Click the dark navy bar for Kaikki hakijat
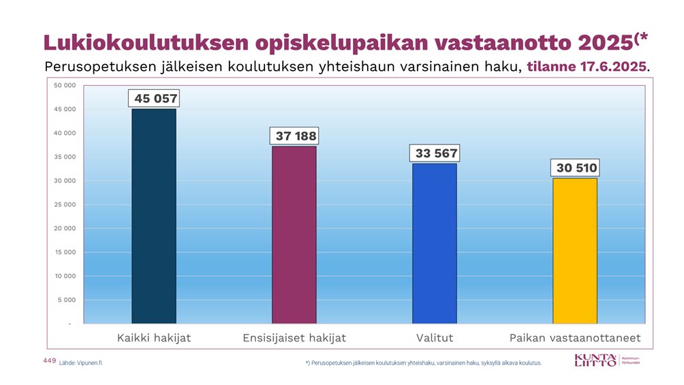coord(154,216)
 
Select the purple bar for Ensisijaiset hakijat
coord(294,234)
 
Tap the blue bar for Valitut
coord(435,243)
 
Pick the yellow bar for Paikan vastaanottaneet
coord(574,250)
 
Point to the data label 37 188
coord(296,136)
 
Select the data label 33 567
coord(436,153)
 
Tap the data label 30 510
coord(574,168)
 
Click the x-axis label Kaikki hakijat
coord(154,338)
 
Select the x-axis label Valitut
coord(435,338)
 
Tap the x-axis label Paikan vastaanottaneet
coord(575,338)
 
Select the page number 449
coord(49,360)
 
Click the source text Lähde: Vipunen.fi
coord(80,363)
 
